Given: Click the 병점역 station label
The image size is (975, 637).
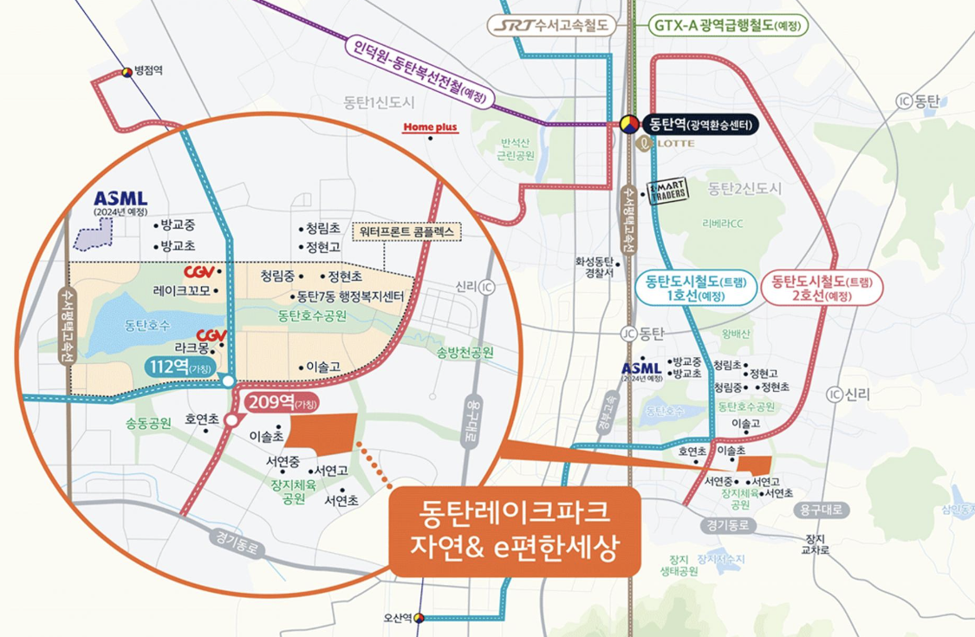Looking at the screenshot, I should [x=148, y=72].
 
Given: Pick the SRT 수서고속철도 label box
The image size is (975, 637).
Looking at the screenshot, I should [x=551, y=25].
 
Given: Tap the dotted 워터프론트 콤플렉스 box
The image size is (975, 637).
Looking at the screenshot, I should [x=407, y=233].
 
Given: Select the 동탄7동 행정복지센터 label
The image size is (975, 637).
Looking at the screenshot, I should [x=352, y=296].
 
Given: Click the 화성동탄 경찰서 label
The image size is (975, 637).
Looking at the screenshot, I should [x=594, y=266].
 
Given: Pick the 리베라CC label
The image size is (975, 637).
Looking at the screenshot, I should [x=724, y=224].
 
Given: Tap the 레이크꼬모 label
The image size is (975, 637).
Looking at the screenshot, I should [x=182, y=290].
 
